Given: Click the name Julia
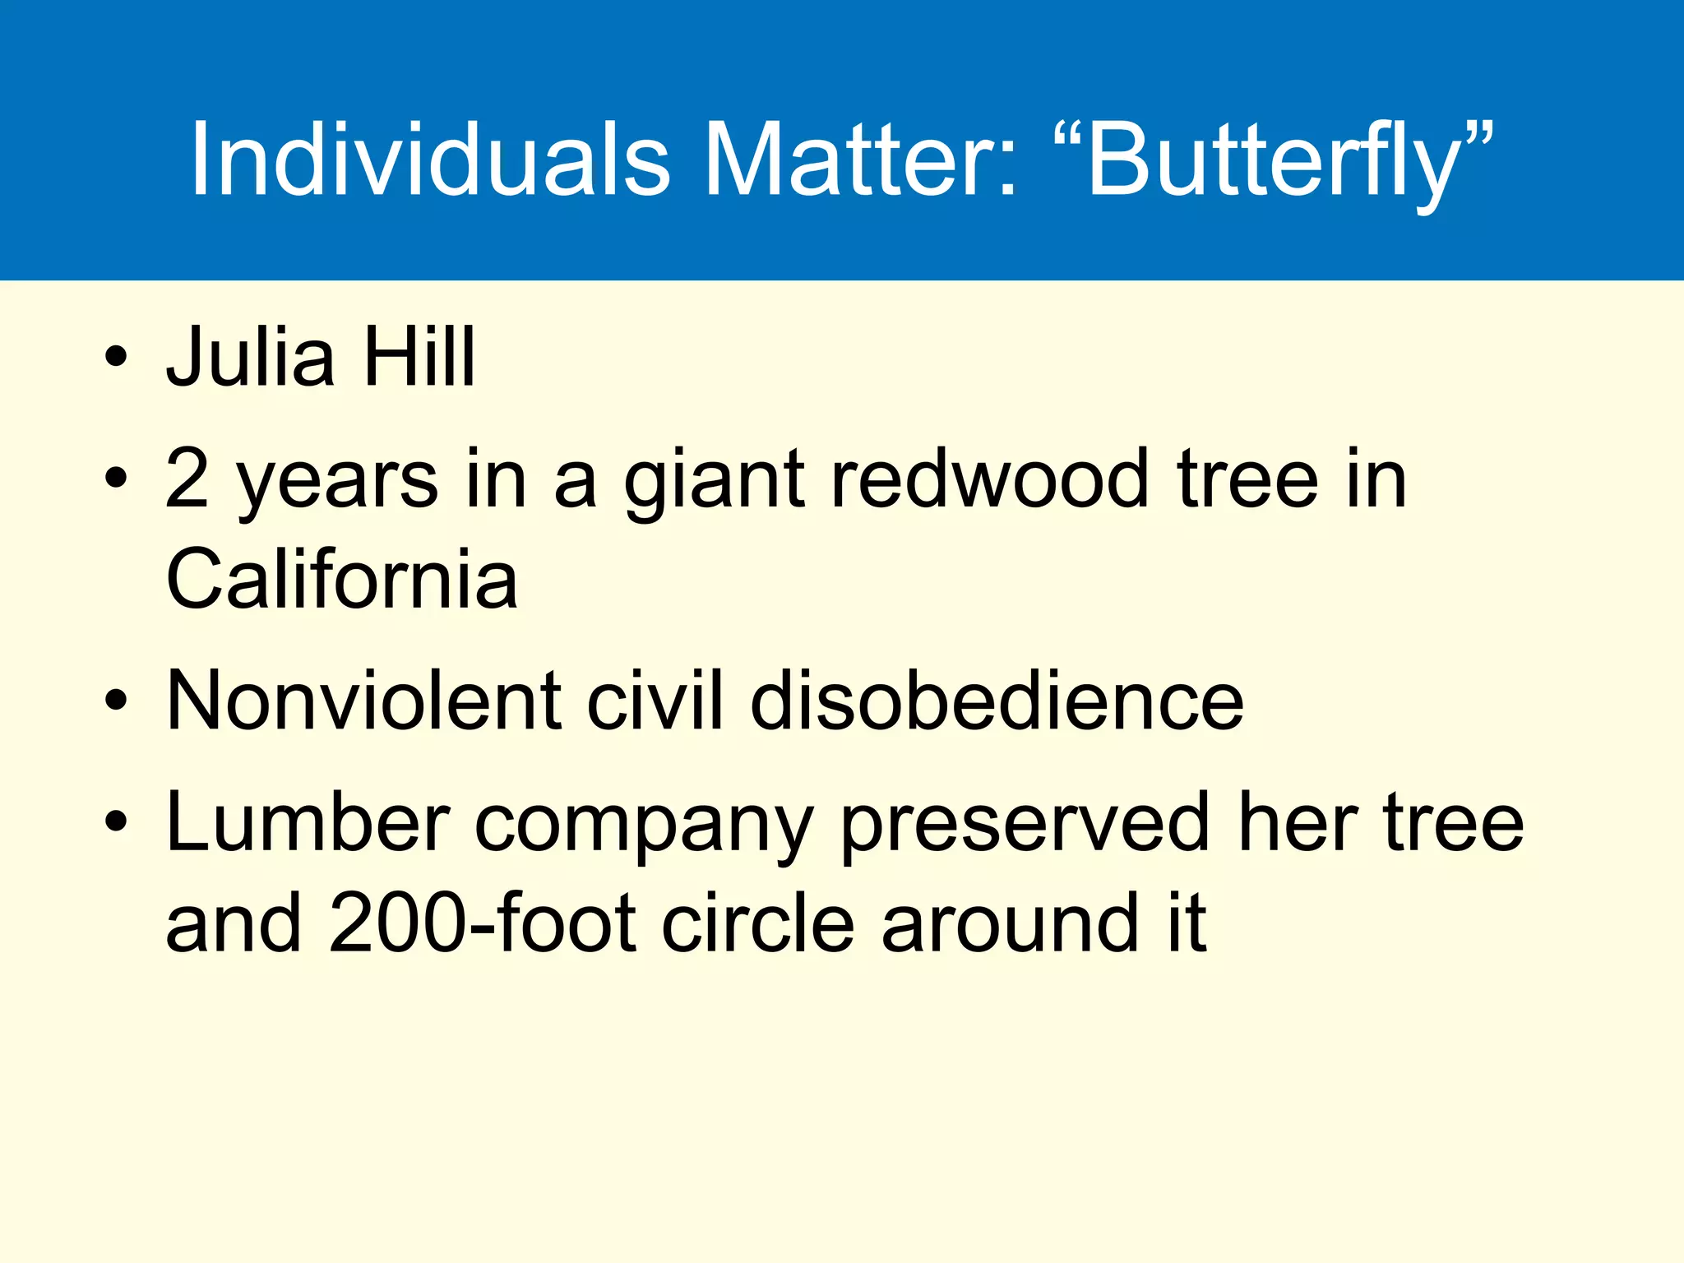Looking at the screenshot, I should coord(251,357).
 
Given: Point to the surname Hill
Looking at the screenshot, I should coord(419,357).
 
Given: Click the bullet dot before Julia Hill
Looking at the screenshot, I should coord(117,357).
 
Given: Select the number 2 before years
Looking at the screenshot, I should coord(187,479).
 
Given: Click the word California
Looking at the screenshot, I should coord(341,579).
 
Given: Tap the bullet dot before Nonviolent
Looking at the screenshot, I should coord(117,700).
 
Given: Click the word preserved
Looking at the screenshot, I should coord(1025,824).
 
